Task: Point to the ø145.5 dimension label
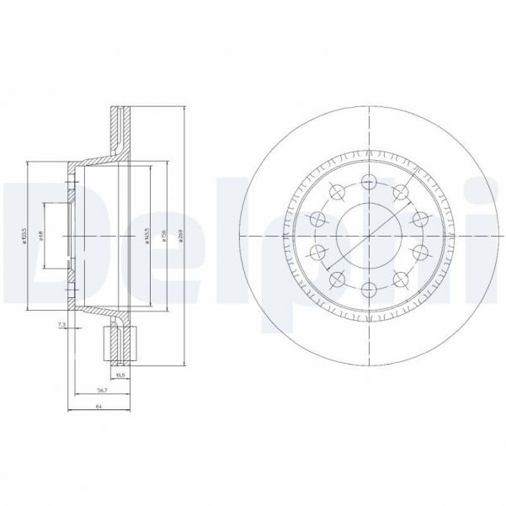pyautogui.click(x=146, y=237)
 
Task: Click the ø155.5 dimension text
pyautogui.click(x=24, y=237)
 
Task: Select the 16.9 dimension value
pyautogui.click(x=119, y=373)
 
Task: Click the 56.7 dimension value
pyautogui.click(x=101, y=390)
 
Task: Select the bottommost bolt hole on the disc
pyautogui.click(x=368, y=290)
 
